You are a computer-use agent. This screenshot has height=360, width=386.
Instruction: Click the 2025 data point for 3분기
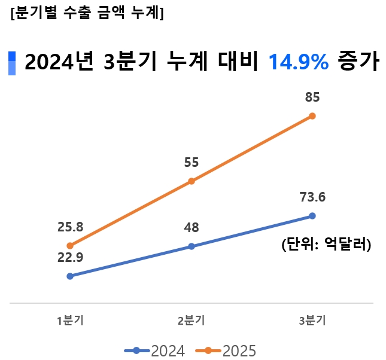click(312, 115)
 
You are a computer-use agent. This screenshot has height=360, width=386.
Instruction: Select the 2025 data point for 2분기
click(191, 181)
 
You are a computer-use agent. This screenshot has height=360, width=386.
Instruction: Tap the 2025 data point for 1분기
click(70, 245)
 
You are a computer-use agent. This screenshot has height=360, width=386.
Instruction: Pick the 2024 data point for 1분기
click(70, 276)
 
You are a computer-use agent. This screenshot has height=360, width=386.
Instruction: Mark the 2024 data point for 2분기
click(191, 246)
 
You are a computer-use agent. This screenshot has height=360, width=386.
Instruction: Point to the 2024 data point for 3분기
click(312, 215)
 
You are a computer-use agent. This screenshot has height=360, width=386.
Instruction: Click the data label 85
click(312, 97)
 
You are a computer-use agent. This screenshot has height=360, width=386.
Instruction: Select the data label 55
click(192, 162)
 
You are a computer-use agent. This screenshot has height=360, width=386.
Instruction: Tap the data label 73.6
click(312, 197)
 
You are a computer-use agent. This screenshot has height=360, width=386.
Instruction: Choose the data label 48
click(192, 227)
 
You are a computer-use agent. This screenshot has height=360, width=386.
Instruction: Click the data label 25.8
click(70, 227)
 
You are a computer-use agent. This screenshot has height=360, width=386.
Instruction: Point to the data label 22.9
click(70, 258)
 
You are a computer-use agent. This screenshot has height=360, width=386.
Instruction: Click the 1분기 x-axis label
click(70, 321)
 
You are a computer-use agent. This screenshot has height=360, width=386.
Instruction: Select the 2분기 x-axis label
click(192, 321)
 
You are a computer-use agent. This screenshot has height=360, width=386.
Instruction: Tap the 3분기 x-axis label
click(312, 321)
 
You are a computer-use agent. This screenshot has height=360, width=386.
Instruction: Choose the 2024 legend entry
click(155, 350)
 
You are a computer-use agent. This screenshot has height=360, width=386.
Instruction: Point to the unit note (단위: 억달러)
click(326, 244)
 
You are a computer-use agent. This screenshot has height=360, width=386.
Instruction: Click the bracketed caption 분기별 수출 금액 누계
click(87, 14)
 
